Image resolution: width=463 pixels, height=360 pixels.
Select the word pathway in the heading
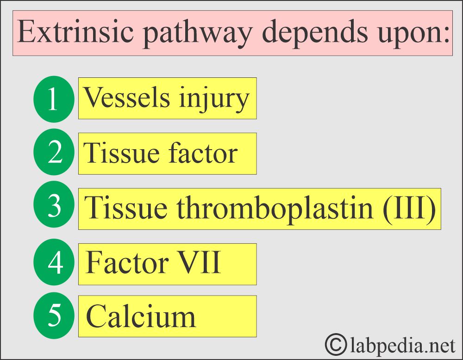[x=198, y=34]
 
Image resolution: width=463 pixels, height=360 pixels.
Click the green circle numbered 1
[x=54, y=99]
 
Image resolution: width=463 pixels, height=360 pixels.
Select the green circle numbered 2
[x=54, y=152]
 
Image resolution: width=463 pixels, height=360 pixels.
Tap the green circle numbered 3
[x=54, y=204]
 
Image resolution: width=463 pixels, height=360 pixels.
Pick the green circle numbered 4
[x=54, y=262]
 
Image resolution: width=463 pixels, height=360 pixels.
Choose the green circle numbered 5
[x=54, y=316]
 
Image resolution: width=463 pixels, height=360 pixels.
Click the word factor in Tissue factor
[x=203, y=152]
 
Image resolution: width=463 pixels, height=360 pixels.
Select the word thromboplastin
[x=275, y=208]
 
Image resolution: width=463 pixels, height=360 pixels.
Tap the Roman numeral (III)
[x=409, y=208]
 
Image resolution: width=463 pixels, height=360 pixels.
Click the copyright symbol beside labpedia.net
[x=336, y=344]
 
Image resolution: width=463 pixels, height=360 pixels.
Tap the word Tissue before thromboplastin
[x=126, y=208]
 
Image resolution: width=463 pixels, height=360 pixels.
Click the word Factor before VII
[x=127, y=262]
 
